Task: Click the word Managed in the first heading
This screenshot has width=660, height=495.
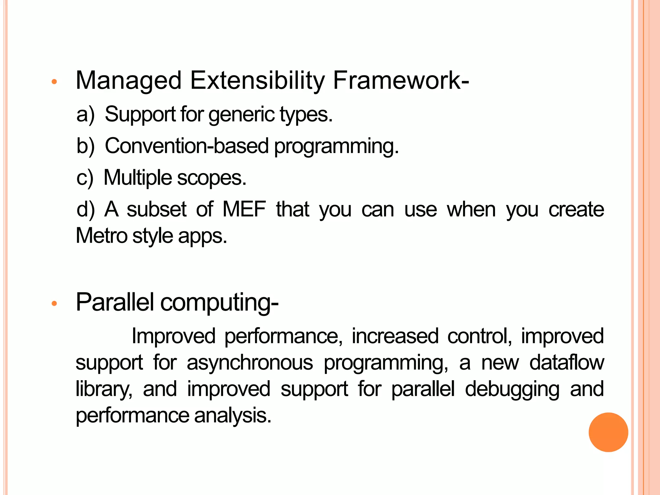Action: (129, 81)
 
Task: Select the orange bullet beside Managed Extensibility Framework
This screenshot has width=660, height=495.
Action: (54, 82)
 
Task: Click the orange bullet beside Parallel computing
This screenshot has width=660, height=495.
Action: (54, 303)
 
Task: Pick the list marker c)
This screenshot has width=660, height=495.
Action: (85, 178)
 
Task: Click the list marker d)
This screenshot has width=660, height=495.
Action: (85, 209)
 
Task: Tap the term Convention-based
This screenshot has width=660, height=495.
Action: (187, 146)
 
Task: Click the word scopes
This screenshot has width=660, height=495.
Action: (211, 178)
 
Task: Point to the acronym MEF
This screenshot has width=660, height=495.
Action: (244, 209)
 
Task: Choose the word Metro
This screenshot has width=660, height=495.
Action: (102, 236)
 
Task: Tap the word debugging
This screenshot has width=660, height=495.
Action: (512, 389)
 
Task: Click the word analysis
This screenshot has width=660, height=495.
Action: (233, 416)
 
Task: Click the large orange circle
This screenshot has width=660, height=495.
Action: (608, 432)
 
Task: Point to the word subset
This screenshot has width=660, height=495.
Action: (157, 209)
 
